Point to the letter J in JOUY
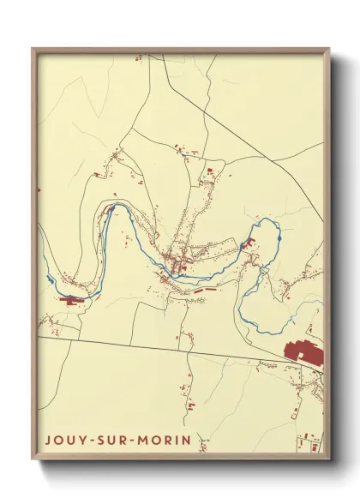48,439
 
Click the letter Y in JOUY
80,439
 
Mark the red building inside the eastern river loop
252,243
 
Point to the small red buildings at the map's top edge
137,59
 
